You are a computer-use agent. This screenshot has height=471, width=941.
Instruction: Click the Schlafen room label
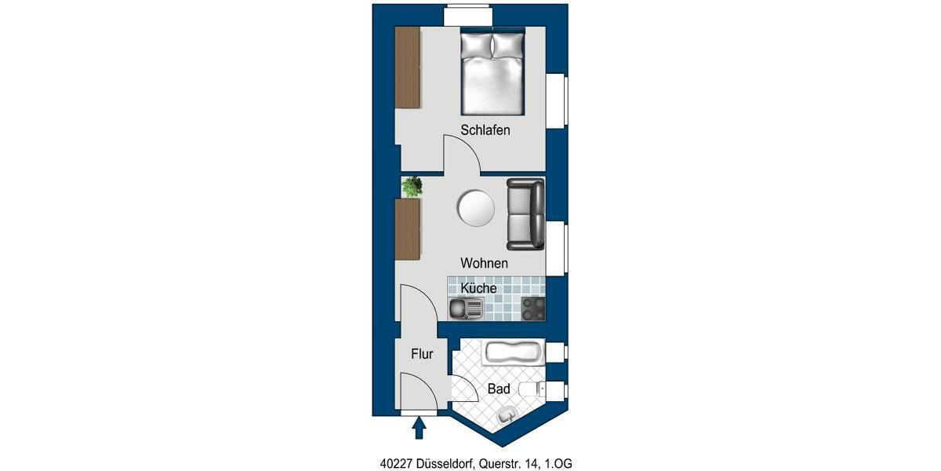(485, 130)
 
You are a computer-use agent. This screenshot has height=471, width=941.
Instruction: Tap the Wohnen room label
(484, 263)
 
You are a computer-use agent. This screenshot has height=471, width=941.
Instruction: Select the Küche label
(478, 288)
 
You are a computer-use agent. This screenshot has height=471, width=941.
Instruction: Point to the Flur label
(422, 354)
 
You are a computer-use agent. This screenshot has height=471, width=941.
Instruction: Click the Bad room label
(499, 389)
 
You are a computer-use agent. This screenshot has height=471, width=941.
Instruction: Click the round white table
(476, 209)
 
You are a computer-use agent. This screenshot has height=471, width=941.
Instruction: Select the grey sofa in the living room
(525, 214)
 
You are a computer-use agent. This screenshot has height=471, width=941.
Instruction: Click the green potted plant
(412, 187)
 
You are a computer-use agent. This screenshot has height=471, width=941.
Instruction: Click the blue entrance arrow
(419, 427)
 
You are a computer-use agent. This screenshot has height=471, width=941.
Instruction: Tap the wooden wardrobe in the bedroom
(408, 68)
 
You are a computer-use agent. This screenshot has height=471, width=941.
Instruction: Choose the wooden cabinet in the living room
(408, 229)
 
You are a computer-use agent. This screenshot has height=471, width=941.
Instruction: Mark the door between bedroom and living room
(463, 155)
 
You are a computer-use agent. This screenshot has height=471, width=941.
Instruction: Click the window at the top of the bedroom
(467, 16)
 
